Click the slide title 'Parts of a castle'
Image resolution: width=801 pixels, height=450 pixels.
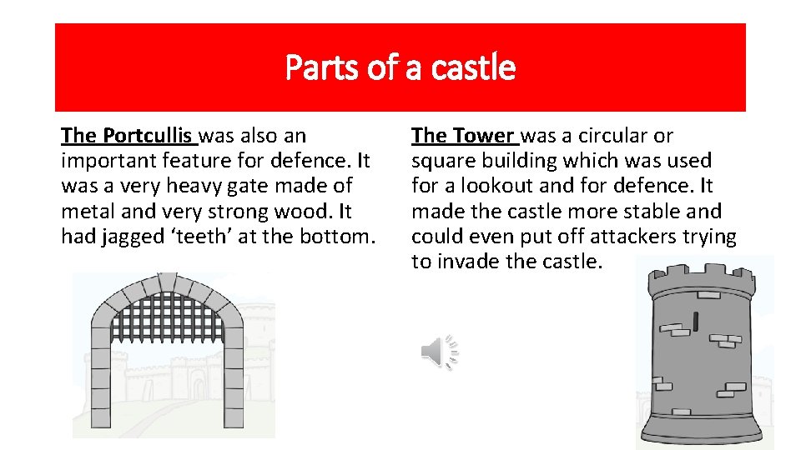click(x=400, y=67)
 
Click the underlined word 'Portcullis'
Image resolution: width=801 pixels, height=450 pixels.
click(x=149, y=135)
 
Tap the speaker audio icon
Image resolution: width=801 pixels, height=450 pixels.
click(x=439, y=352)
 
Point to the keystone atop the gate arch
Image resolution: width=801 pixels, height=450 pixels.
click(x=168, y=282)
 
